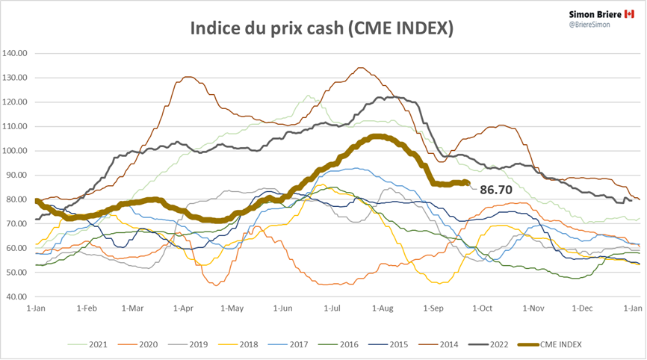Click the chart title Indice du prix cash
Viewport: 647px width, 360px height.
(x=322, y=28)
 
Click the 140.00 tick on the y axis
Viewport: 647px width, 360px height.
(x=15, y=54)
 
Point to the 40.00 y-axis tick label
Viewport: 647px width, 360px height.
(x=16, y=297)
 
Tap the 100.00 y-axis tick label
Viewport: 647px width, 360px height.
(x=15, y=151)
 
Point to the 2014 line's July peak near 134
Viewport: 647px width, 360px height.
(x=360, y=68)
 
